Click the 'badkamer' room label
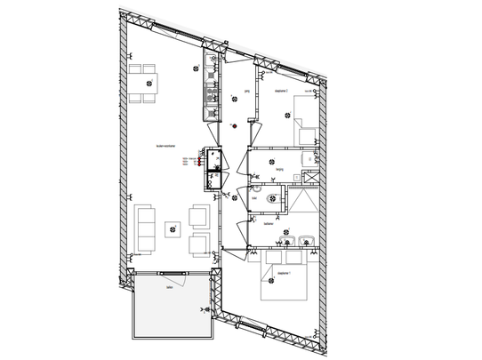(x=267, y=224)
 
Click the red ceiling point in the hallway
(x=234, y=125)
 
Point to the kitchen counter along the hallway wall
(x=211, y=84)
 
